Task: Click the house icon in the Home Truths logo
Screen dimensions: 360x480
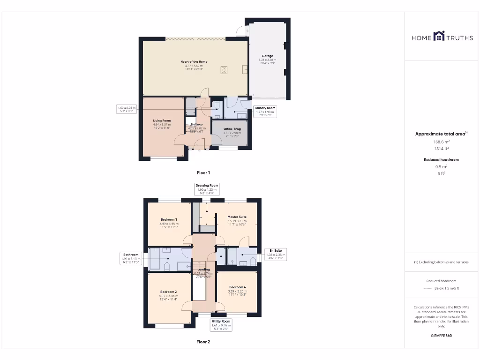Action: [x=439, y=36]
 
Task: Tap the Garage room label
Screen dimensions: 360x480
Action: [x=267, y=56]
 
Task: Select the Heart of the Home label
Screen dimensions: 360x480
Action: [x=194, y=62]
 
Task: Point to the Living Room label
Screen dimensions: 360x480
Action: [x=162, y=120]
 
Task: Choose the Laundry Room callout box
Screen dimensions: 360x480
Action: [x=265, y=111]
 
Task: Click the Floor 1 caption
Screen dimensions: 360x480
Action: [x=203, y=173]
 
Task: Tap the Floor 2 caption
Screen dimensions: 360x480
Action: [x=203, y=342]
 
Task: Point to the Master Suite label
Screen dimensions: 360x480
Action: [x=237, y=217]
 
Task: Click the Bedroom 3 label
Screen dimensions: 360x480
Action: [x=169, y=219]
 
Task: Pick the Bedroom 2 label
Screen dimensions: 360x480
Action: [x=169, y=292]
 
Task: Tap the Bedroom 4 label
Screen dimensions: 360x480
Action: [x=237, y=287]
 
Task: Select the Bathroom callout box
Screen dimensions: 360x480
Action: [x=131, y=258]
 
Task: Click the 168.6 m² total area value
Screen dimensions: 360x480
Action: [x=441, y=142]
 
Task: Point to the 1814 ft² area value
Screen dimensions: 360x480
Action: [x=441, y=148]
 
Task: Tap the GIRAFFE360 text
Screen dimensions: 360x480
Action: [x=441, y=336]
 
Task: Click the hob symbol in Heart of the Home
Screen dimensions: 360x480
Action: [x=224, y=70]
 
